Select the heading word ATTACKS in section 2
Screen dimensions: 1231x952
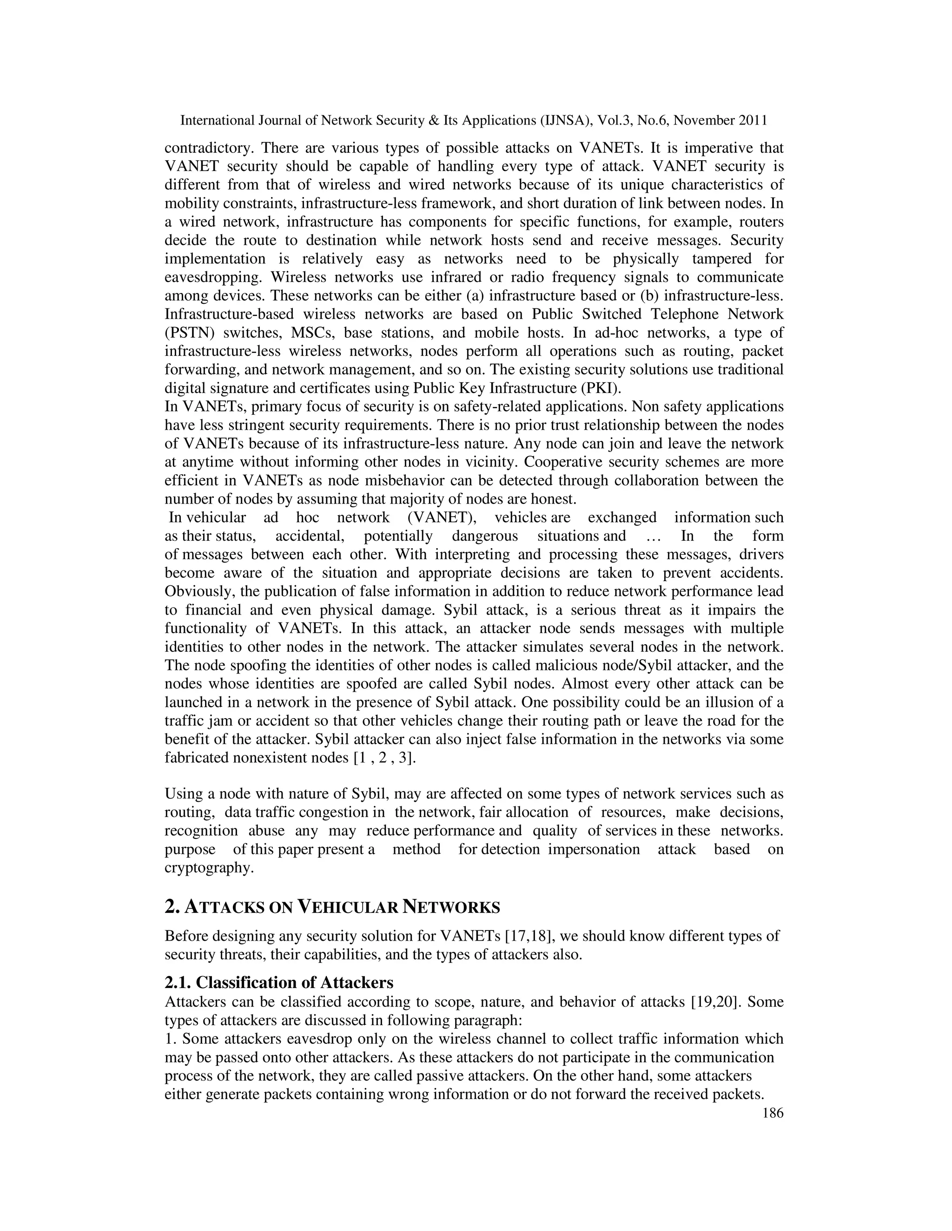225,908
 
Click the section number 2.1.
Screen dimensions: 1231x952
178,982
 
